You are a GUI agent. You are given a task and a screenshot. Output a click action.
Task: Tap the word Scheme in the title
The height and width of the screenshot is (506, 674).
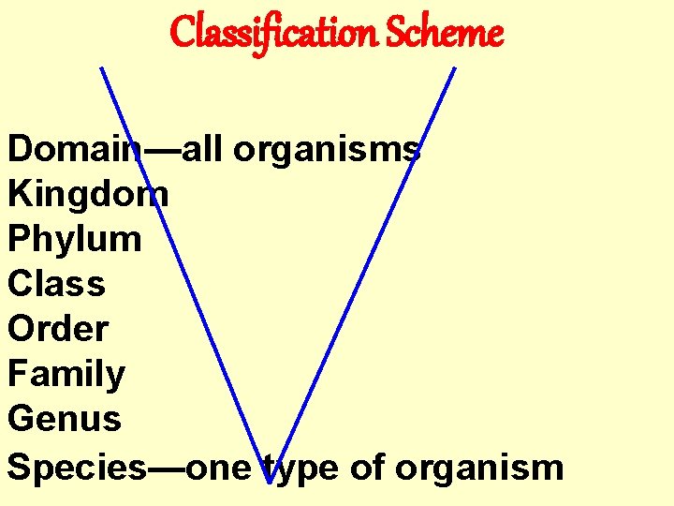pyautogui.click(x=446, y=33)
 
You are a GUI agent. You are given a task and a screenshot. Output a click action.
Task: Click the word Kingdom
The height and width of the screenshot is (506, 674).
pyautogui.click(x=88, y=194)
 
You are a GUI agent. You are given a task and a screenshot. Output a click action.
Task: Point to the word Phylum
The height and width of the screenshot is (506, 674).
pyautogui.click(x=75, y=240)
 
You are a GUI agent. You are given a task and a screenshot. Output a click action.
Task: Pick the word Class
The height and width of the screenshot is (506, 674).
pyautogui.click(x=56, y=284)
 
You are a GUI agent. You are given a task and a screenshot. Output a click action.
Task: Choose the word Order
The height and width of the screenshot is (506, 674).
pyautogui.click(x=58, y=329)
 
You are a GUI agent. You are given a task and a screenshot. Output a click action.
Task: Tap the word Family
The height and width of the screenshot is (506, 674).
pyautogui.click(x=66, y=375)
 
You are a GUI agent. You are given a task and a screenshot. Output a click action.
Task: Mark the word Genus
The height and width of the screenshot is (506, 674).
pyautogui.click(x=65, y=419)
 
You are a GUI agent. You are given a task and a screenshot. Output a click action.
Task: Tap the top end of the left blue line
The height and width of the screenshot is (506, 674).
pyautogui.click(x=101, y=67)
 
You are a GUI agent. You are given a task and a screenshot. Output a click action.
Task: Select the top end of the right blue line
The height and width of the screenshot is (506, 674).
pyautogui.click(x=455, y=67)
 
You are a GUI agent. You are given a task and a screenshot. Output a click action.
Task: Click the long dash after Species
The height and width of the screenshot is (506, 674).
pyautogui.click(x=167, y=466)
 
